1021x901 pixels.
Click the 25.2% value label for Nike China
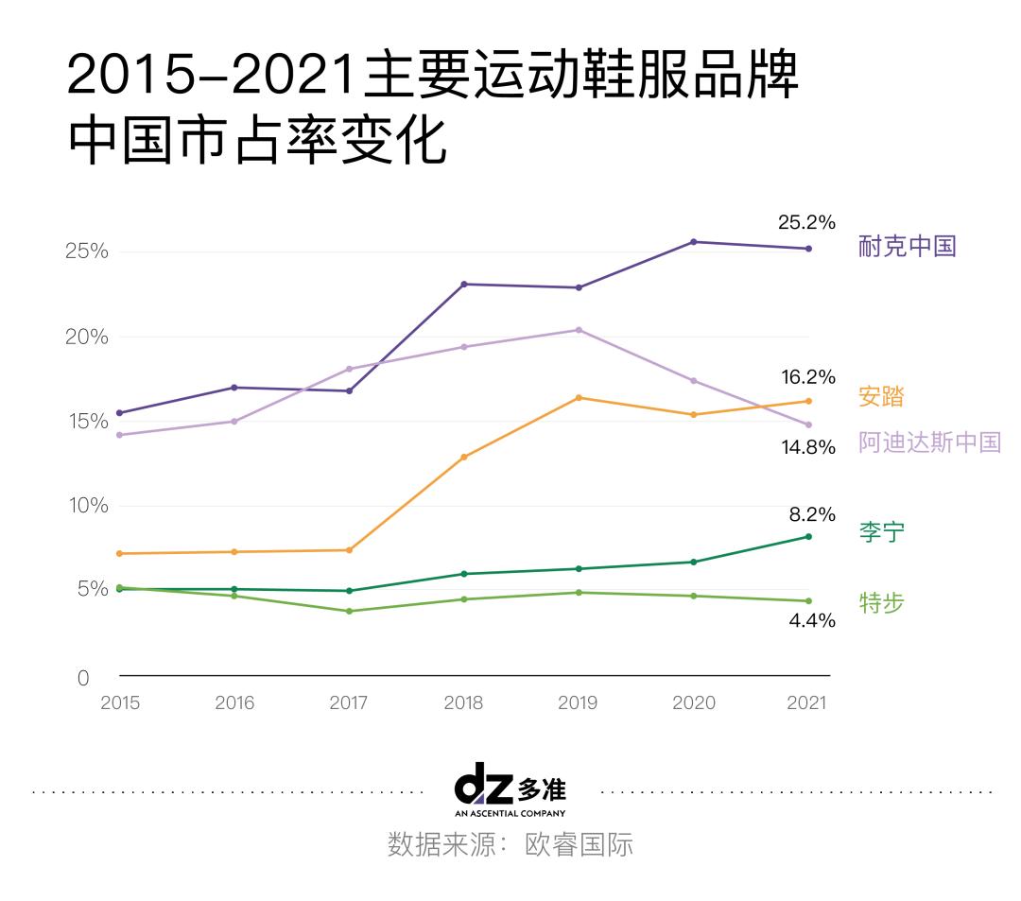[806, 223]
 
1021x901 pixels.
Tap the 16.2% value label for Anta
[806, 377]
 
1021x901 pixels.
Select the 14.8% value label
[806, 447]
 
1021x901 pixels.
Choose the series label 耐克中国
[907, 247]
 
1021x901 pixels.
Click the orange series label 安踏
[881, 396]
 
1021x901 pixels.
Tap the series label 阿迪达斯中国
[929, 442]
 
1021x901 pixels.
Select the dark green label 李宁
[881, 531]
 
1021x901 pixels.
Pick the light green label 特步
[881, 602]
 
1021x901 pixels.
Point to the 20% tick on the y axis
[86, 338]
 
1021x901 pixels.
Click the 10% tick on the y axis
[86, 506]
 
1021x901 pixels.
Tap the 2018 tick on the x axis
[463, 703]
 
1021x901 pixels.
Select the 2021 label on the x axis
[806, 703]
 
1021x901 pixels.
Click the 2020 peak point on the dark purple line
[694, 242]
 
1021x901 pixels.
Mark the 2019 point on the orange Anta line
[579, 398]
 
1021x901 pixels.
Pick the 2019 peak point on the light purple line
[579, 330]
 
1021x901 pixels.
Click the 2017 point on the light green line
[349, 611]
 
